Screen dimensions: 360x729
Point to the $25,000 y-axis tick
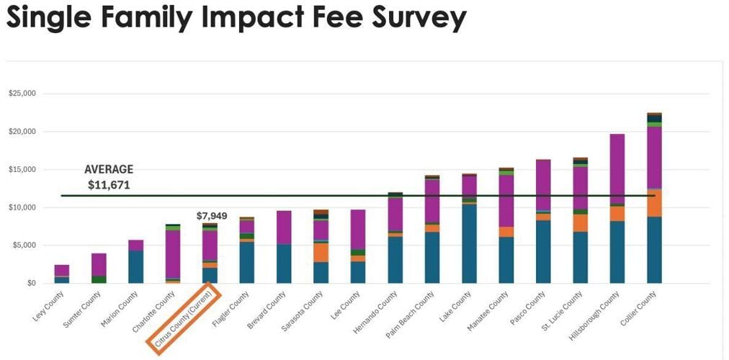[x=22, y=94]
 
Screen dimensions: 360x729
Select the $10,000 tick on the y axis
[x=22, y=208]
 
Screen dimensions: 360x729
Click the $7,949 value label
[x=210, y=216]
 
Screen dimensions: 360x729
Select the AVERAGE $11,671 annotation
[x=109, y=177]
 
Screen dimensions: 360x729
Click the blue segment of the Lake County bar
[x=469, y=244]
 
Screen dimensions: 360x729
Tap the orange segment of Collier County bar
[x=654, y=203]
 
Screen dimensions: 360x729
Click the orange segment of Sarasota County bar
[x=321, y=253]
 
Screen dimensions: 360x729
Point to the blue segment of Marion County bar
[x=135, y=266]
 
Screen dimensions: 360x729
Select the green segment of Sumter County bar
[x=99, y=279]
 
